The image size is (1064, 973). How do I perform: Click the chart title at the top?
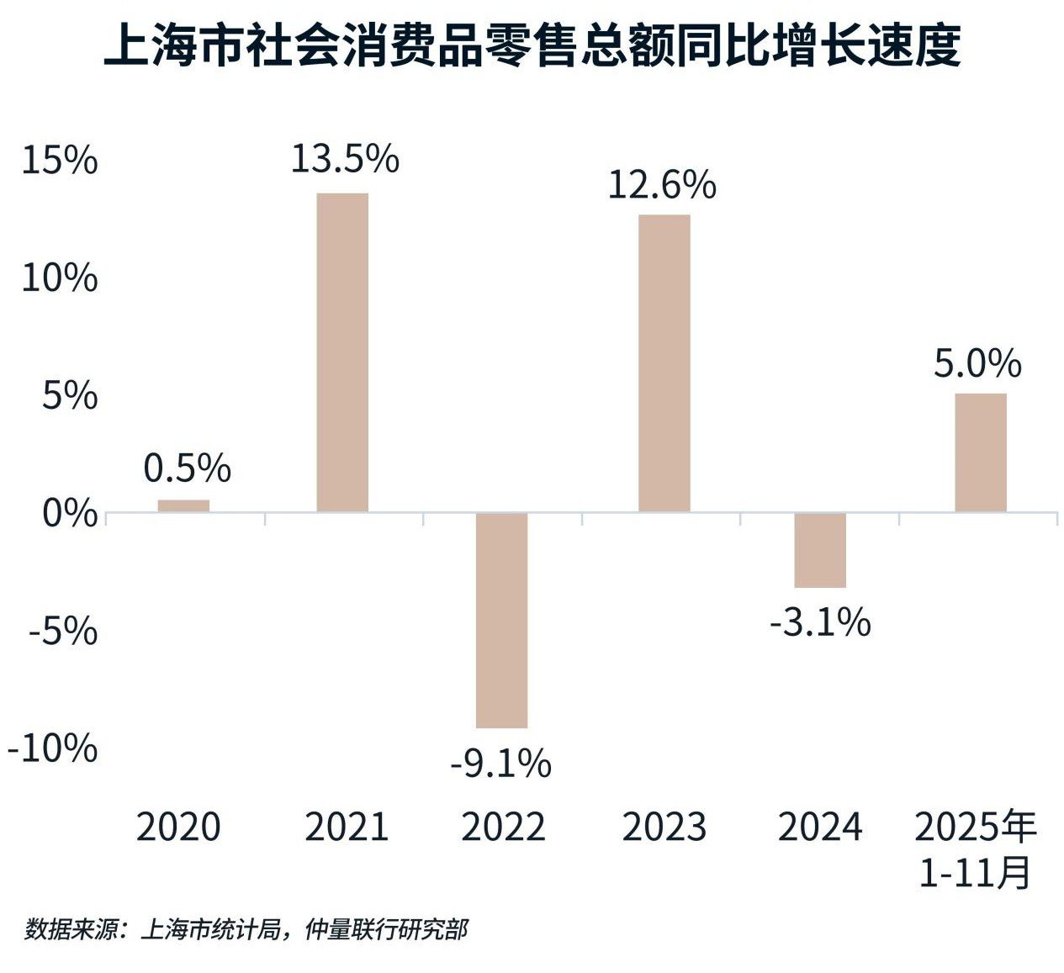(x=532, y=46)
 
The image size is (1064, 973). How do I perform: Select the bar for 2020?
(x=183, y=505)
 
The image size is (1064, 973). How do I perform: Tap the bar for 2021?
(x=342, y=352)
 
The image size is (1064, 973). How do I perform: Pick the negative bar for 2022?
(x=501, y=620)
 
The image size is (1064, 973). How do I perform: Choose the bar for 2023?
(x=664, y=363)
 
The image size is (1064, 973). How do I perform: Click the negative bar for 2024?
(x=820, y=550)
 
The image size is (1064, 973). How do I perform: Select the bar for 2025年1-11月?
(x=980, y=452)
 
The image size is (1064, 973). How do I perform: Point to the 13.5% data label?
(x=345, y=159)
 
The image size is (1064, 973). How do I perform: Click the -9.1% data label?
(x=501, y=764)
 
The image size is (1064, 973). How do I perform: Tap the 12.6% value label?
(x=662, y=185)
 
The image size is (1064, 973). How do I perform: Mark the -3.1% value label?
(x=820, y=623)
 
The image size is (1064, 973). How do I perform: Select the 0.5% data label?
(x=187, y=468)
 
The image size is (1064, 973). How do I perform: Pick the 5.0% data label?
(x=977, y=364)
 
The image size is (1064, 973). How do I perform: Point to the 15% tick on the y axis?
(x=60, y=161)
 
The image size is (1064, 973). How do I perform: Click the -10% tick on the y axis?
(x=51, y=748)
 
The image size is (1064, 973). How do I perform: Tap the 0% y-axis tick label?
(x=69, y=513)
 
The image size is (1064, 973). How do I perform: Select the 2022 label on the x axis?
(x=503, y=828)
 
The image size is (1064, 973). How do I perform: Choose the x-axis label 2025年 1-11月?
(x=976, y=849)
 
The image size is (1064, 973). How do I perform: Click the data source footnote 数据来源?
(x=246, y=929)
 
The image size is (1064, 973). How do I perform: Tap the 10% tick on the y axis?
(x=60, y=278)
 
